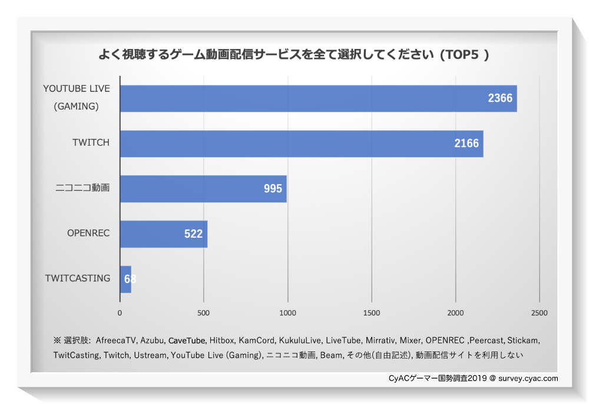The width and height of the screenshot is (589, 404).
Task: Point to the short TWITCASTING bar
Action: pos(125,279)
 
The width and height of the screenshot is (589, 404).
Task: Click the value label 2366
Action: pos(500,98)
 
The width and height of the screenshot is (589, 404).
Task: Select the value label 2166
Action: pos(466,143)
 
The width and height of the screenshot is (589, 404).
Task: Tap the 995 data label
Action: pos(273,189)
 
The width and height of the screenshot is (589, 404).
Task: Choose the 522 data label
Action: pos(193,234)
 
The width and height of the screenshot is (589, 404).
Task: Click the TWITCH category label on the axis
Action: pos(91,143)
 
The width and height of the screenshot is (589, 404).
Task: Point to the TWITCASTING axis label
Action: pos(78,278)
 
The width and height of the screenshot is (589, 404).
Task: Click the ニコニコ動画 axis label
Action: pos(82,188)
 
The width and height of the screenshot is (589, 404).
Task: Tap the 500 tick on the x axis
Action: pos(203,313)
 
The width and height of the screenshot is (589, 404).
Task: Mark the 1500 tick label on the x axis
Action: pos(371,313)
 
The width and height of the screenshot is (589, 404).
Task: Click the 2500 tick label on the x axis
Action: pos(538,313)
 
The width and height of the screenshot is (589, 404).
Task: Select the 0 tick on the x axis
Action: pos(120,313)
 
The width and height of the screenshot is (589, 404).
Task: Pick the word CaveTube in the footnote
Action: pos(187,340)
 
